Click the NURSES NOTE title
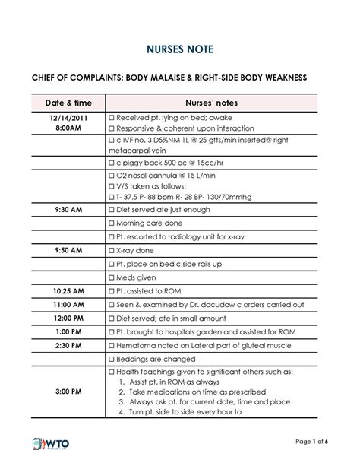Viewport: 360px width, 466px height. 180,50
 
